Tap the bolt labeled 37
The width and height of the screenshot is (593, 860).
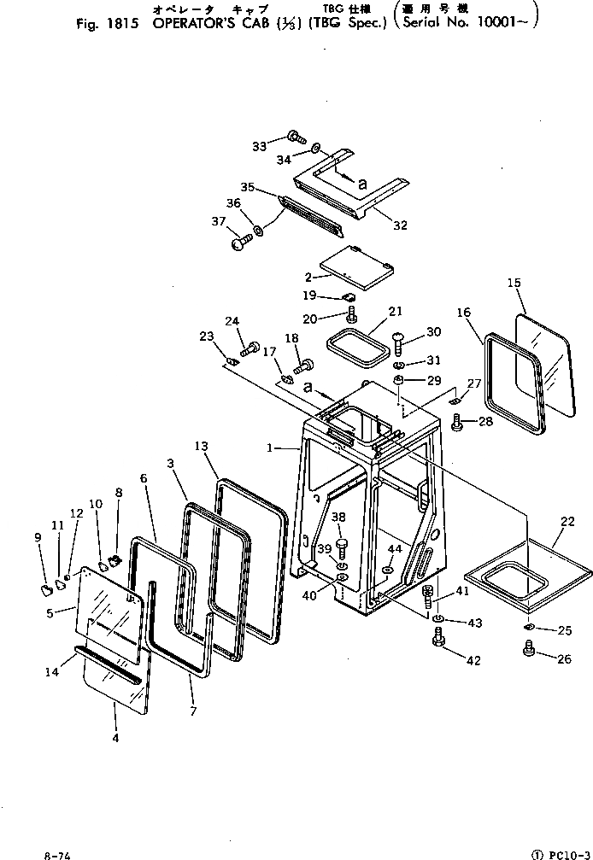pyautogui.click(x=241, y=243)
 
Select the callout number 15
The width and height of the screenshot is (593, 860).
pyautogui.click(x=514, y=282)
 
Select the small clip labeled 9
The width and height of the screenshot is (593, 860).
pyautogui.click(x=44, y=588)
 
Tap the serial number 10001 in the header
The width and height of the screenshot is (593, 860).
pyautogui.click(x=506, y=23)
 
